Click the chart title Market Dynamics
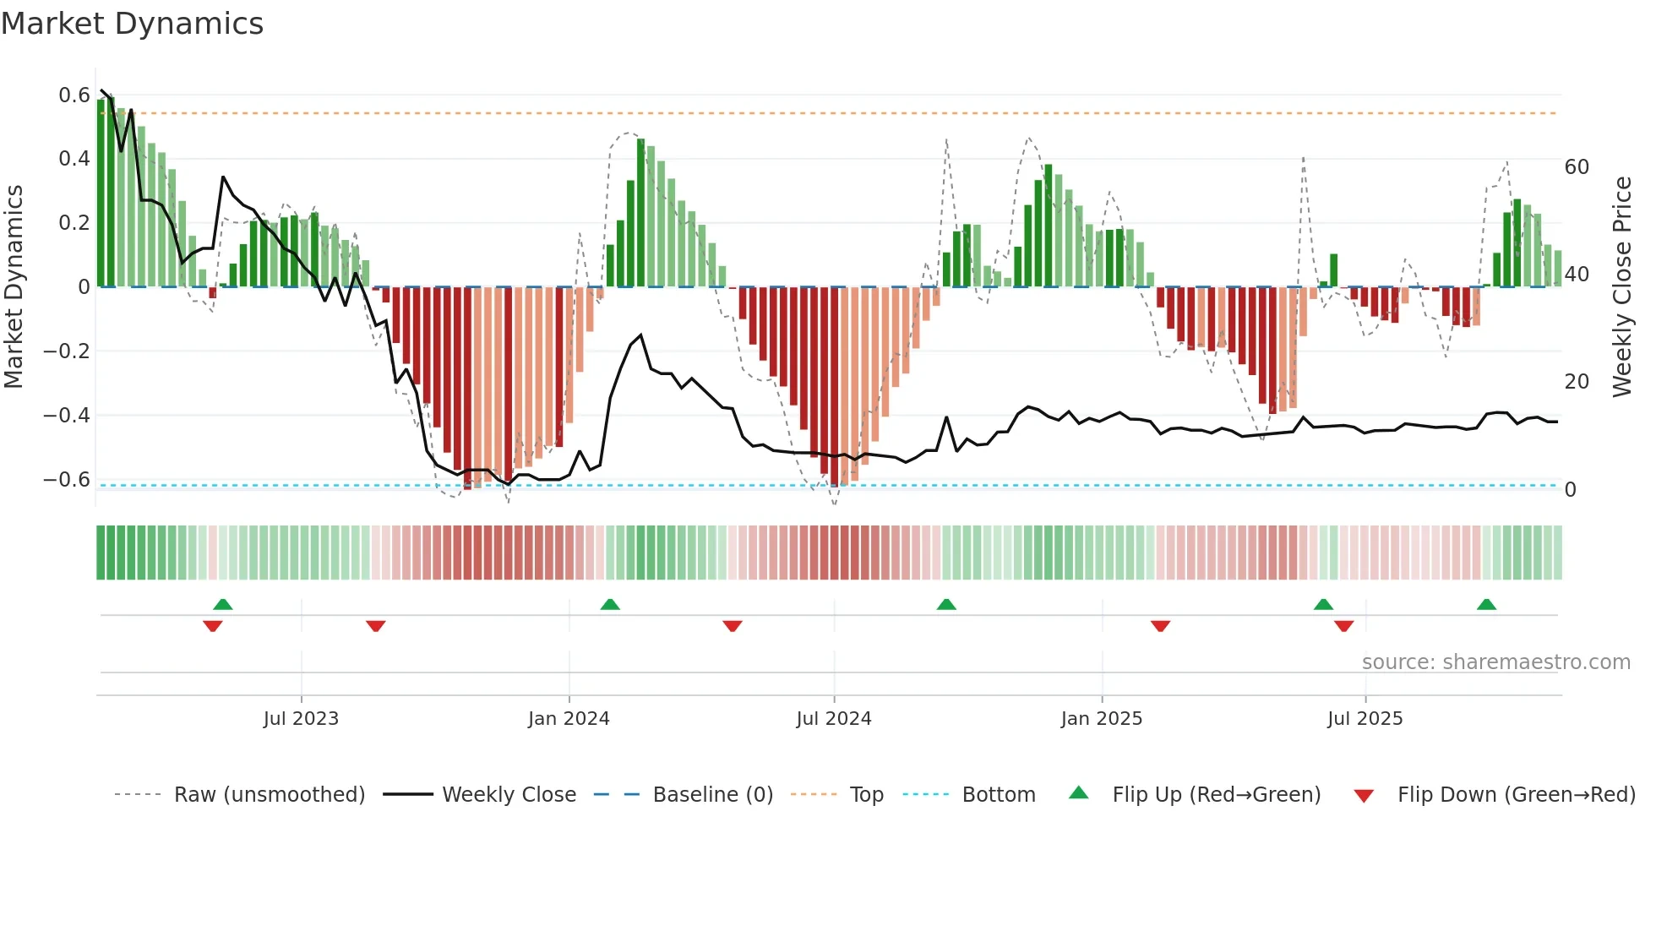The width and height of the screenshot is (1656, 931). (132, 24)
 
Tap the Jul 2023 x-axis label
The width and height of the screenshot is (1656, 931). (301, 719)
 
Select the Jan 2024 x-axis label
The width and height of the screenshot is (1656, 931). (569, 719)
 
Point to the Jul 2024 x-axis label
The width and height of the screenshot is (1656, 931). (833, 719)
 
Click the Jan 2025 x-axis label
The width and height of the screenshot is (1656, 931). (1101, 719)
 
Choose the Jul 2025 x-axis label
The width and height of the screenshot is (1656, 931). (1365, 719)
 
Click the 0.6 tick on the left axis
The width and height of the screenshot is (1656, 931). (74, 95)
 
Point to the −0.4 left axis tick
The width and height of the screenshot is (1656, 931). (68, 416)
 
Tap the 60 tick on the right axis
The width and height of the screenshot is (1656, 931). (1577, 167)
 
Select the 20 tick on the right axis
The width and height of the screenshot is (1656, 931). (1577, 382)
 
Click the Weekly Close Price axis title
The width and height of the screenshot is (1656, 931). (1621, 287)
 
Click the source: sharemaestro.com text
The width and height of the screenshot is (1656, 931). (1495, 662)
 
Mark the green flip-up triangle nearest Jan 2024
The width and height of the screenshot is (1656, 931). (610, 604)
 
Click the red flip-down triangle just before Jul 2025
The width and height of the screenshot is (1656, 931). (1343, 626)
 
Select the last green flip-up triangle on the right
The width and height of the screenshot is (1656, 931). (1486, 604)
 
